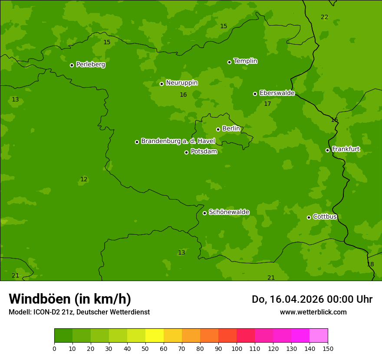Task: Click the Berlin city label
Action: [x=231, y=129]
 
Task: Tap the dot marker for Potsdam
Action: [x=187, y=152]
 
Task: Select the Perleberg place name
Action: [x=90, y=65]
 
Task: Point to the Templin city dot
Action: [x=229, y=62]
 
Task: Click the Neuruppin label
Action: [x=181, y=83]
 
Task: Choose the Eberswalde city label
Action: [x=277, y=93]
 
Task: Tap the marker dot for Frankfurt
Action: [x=327, y=150]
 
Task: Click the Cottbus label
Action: [x=325, y=216]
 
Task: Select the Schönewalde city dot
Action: [x=204, y=213]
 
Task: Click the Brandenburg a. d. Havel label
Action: [x=178, y=141]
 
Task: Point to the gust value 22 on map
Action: [x=324, y=17]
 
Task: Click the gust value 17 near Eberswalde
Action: [x=267, y=104]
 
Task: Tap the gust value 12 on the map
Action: [x=84, y=180]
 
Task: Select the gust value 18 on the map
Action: [x=370, y=265]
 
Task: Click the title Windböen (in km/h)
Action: [x=70, y=299]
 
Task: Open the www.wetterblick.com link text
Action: [x=313, y=312]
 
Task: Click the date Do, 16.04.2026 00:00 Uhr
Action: [x=312, y=299]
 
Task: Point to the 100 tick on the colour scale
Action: [x=237, y=348]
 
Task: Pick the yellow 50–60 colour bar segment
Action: [x=155, y=336]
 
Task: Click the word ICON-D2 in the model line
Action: [x=46, y=312]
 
